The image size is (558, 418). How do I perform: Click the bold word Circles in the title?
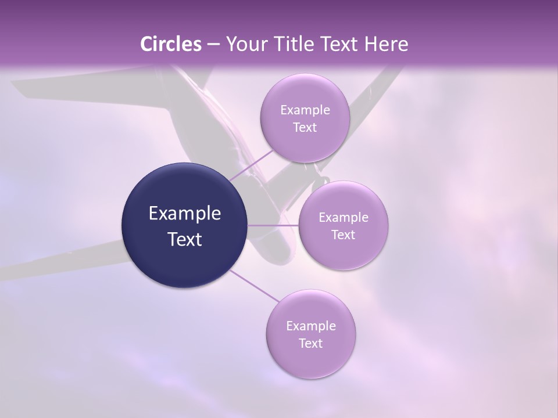[x=171, y=44]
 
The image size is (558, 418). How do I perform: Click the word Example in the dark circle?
[x=185, y=214]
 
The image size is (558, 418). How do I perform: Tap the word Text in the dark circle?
[x=185, y=239]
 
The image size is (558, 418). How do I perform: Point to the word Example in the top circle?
[x=305, y=110]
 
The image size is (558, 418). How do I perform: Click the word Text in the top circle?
[x=305, y=128]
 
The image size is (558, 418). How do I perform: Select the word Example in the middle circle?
[x=343, y=218]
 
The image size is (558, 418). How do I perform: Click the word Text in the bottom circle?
[x=310, y=344]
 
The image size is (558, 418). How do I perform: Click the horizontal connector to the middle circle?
[x=273, y=225]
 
